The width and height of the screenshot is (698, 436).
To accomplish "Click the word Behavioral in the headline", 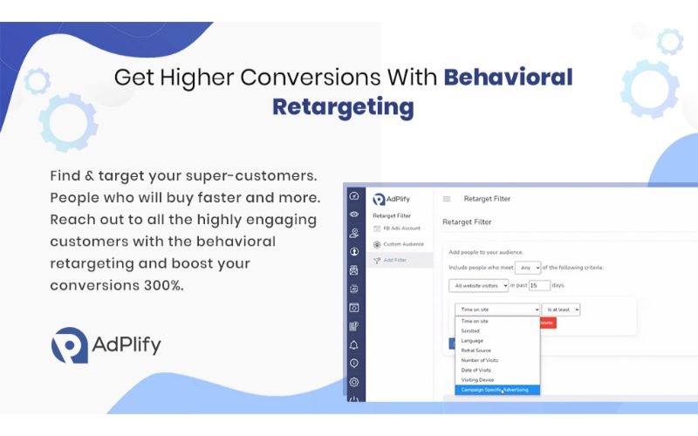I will pos(508,77).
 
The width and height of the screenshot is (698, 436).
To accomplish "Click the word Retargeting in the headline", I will pos(343,107).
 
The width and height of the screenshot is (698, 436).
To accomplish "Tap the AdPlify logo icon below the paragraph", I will pos(69,345).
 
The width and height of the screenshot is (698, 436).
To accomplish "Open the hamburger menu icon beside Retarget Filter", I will pos(447,199).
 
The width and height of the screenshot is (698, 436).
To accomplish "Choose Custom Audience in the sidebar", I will pos(402,244).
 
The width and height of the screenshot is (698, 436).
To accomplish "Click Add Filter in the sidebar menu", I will pos(394,260).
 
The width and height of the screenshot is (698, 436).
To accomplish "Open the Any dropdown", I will pos(528,267).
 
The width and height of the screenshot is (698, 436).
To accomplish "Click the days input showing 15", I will pos(539,285).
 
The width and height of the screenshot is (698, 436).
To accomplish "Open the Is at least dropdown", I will pos(560,310).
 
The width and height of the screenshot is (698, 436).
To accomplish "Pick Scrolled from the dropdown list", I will pos(470,331).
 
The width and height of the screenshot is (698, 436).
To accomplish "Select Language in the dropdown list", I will pos(472,341).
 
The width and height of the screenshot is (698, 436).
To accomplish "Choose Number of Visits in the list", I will pos(479,360).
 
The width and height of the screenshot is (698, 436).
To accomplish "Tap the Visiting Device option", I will pos(477,379).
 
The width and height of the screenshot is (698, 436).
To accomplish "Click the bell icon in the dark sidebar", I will pos(354,345).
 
